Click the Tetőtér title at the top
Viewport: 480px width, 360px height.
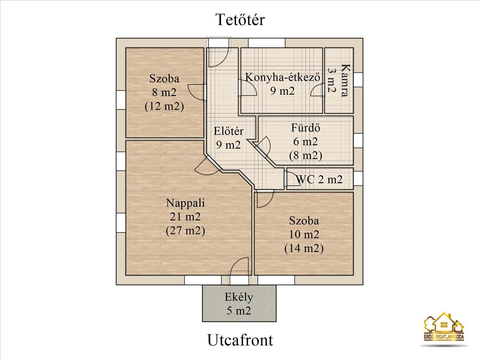click(240, 19)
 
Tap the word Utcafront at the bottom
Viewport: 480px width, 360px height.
click(240, 340)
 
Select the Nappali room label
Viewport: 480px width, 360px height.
click(185, 203)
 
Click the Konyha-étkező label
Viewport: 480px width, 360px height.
click(282, 77)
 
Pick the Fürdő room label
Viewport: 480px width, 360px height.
click(306, 128)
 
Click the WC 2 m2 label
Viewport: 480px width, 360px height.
click(319, 179)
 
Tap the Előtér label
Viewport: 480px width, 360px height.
click(229, 131)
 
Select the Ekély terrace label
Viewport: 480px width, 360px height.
click(239, 297)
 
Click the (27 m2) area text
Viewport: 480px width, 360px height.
click(185, 231)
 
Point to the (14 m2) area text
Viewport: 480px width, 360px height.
click(304, 248)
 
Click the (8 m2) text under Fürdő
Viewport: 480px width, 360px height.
click(306, 155)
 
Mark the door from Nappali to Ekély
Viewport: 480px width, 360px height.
click(239, 267)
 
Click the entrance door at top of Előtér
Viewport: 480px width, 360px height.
click(218, 56)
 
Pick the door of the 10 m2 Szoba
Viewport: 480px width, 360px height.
click(265, 199)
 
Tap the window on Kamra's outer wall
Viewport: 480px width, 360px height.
click(358, 79)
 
